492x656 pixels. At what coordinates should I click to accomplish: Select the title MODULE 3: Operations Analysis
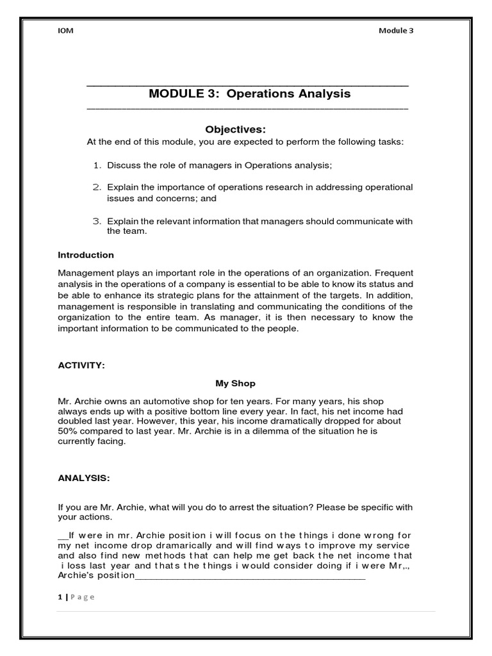tap(249, 94)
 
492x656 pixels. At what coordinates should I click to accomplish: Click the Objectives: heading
tap(231, 129)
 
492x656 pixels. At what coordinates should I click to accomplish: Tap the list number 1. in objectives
tap(98, 165)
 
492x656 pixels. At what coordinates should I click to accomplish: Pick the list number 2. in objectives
tap(97, 187)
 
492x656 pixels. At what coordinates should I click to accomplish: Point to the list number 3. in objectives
tap(97, 221)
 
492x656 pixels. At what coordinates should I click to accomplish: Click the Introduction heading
tap(86, 255)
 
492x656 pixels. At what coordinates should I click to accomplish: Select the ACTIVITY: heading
tap(81, 365)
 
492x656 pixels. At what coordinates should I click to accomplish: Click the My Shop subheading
tap(235, 383)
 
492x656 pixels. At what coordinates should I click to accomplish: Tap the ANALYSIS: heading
tap(83, 477)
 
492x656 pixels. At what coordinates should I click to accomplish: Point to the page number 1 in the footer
tap(60, 596)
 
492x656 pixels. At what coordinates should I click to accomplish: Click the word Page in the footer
tap(82, 596)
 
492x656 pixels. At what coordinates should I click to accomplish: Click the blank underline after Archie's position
tap(250, 575)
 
